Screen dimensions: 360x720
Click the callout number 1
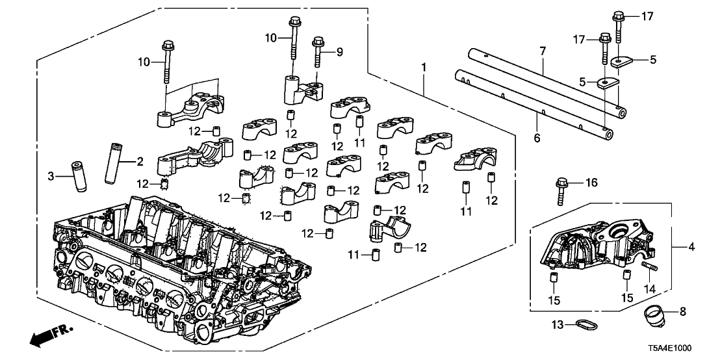point(424,68)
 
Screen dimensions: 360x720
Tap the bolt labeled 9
point(318,53)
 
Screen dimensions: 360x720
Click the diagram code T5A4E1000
point(682,349)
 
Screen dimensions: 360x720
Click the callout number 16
point(591,183)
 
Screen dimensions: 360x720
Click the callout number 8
point(682,311)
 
